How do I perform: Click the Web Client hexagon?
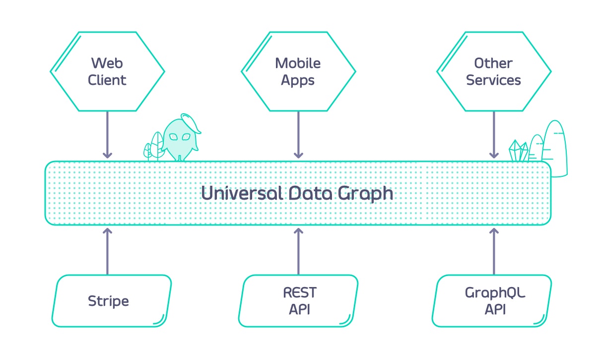pos(107,72)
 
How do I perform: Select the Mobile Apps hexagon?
pos(298,72)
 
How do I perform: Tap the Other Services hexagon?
pos(494,72)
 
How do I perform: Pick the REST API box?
pos(299,301)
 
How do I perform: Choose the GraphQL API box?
pos(493,301)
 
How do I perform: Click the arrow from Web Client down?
pos(107,134)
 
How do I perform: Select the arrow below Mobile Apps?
pos(298,134)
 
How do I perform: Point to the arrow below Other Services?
pos(494,134)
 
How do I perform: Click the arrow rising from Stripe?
pos(107,251)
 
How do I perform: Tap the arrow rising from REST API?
pos(298,251)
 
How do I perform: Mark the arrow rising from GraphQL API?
pos(494,251)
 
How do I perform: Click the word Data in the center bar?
pos(308,193)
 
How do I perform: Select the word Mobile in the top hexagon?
pos(298,63)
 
